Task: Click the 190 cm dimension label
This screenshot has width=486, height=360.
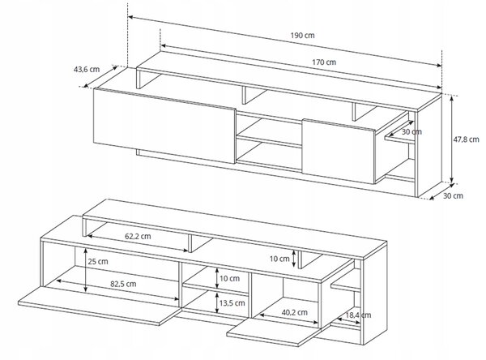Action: click(302, 36)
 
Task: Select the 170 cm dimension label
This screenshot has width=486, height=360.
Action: click(324, 62)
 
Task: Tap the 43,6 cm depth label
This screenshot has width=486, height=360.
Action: click(87, 69)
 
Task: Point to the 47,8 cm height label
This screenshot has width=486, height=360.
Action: click(467, 139)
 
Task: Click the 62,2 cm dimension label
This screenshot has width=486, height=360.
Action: click(138, 236)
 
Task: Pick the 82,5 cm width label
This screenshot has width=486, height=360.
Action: click(123, 284)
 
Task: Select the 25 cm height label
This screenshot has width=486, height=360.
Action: click(98, 262)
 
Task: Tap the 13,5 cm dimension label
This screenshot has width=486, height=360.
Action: click(232, 303)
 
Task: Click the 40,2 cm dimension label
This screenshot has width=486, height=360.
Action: click(295, 312)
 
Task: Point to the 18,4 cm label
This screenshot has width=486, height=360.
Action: click(358, 315)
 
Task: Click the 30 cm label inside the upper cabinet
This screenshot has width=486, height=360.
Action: click(411, 131)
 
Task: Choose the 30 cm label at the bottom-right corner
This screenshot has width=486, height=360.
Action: click(453, 196)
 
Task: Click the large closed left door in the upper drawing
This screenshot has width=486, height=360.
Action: click(164, 126)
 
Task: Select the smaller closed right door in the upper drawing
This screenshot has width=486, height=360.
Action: click(339, 151)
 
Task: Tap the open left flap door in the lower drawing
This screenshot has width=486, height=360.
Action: click(99, 306)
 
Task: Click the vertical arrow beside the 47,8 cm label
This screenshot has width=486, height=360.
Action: click(452, 139)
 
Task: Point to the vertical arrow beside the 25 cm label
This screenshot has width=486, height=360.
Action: click(86, 270)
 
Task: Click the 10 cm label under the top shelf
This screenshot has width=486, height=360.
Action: click(279, 259)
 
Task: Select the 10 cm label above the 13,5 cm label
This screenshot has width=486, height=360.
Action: click(230, 278)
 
